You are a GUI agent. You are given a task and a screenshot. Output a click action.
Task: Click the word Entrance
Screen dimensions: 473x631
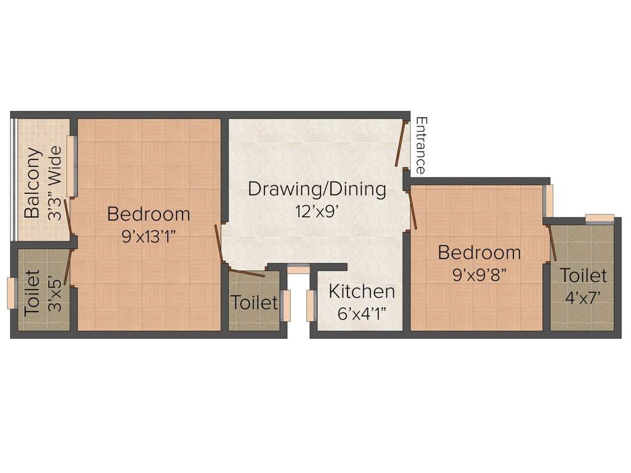[421, 145]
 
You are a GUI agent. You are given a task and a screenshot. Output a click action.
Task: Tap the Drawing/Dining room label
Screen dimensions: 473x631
[317, 188]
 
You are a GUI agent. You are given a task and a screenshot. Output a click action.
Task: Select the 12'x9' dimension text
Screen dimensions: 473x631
[317, 211]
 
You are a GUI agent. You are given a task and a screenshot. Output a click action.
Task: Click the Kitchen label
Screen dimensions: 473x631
[361, 291]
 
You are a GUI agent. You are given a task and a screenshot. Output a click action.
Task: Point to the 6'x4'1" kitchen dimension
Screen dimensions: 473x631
[361, 313]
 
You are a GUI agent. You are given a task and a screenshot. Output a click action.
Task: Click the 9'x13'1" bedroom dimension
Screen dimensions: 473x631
[149, 236]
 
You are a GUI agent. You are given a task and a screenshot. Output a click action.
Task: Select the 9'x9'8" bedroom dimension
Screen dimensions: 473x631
[479, 275]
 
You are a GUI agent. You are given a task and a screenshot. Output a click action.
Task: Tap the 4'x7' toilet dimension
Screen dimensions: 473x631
[583, 297]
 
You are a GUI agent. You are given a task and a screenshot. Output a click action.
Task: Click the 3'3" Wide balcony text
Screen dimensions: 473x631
[55, 183]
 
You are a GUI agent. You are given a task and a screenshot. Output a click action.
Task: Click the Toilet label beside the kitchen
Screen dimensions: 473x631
[254, 303]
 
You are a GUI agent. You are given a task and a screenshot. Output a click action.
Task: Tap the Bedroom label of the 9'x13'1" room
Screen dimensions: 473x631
[149, 214]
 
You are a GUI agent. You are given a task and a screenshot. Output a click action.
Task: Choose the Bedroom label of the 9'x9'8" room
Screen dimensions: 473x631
[479, 253]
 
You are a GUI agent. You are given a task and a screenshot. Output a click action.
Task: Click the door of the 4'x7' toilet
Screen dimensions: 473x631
[553, 243]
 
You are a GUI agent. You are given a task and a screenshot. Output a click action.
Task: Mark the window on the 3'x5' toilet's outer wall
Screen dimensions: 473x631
[10, 293]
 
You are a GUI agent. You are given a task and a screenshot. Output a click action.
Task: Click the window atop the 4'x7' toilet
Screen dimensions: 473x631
[599, 217]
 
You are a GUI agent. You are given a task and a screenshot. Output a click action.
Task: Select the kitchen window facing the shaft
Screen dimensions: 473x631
[310, 305]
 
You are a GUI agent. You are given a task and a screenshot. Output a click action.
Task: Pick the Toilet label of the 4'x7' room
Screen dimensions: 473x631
[583, 275]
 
